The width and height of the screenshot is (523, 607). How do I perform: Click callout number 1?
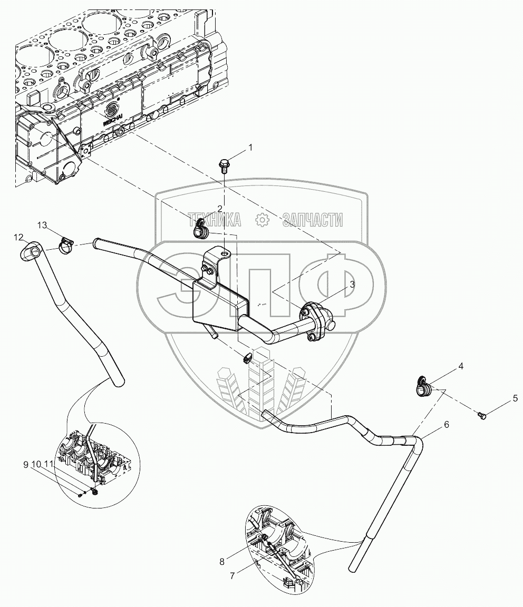click(250, 148)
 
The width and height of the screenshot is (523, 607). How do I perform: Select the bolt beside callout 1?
click(223, 165)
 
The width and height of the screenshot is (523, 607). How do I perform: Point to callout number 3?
click(351, 284)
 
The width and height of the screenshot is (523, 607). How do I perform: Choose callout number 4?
click(460, 366)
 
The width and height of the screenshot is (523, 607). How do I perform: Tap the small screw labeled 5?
click(481, 417)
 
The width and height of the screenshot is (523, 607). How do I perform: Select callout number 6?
click(446, 425)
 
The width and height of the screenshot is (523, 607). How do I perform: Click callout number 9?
click(25, 465)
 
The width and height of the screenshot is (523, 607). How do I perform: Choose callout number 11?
click(48, 465)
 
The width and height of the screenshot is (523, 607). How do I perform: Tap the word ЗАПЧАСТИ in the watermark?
click(312, 220)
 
